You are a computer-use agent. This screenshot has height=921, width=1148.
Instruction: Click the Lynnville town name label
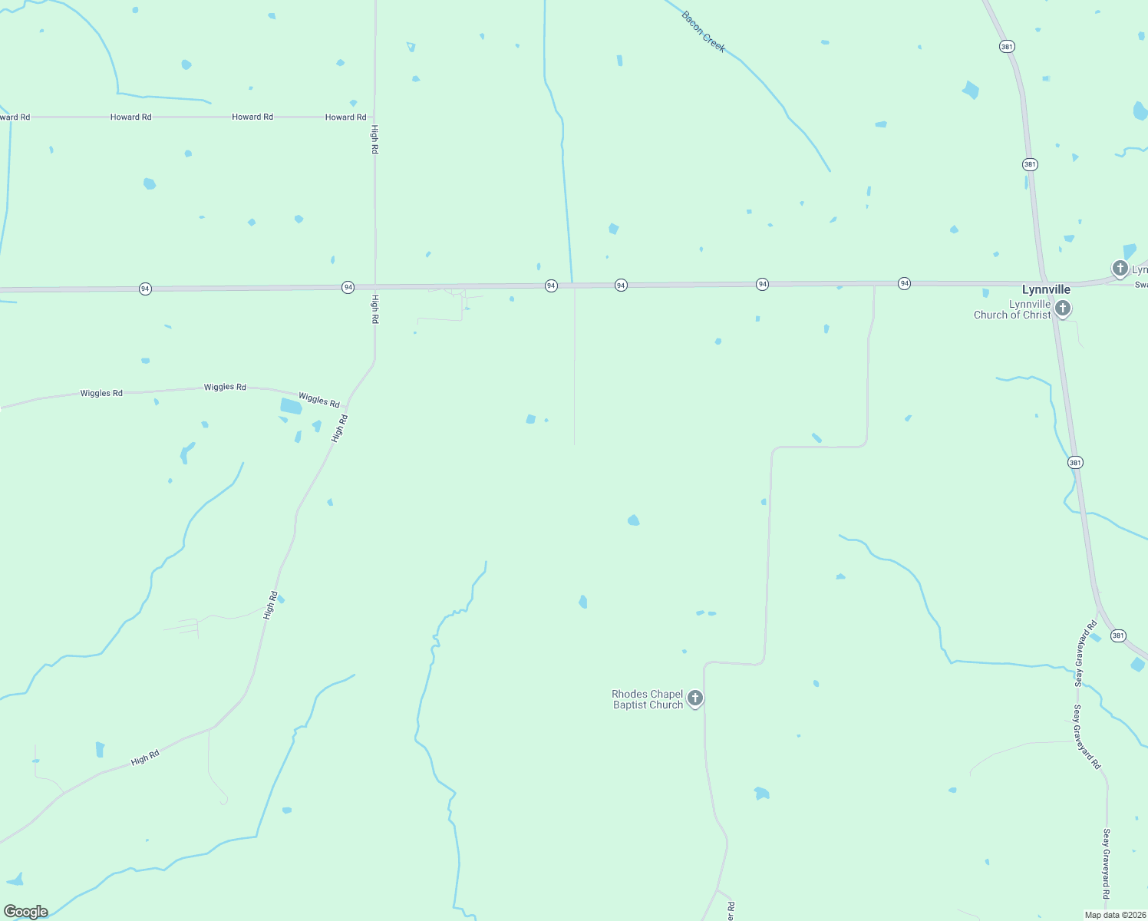tap(1045, 289)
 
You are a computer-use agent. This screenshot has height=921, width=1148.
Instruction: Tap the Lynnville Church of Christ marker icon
tap(1063, 309)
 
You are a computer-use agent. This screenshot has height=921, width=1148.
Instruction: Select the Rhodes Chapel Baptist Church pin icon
tap(694, 698)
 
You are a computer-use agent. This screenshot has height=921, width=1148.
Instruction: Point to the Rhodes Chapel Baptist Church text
tap(648, 699)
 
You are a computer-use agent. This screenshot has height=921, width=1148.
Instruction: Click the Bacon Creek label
tap(703, 31)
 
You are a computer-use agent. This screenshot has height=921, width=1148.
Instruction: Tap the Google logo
tap(26, 912)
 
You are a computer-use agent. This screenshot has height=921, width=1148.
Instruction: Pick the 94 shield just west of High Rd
tap(348, 287)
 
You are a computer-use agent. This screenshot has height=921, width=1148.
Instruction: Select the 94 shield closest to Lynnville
tap(904, 283)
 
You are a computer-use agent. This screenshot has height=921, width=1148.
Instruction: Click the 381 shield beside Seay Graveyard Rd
tap(1118, 635)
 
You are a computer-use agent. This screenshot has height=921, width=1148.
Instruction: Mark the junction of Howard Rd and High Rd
tap(374, 117)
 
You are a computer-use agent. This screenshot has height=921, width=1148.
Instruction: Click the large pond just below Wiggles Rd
tap(291, 406)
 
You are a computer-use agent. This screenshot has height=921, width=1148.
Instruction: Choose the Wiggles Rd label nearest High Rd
tap(318, 400)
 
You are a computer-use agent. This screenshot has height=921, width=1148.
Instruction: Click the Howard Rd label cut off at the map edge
tap(15, 117)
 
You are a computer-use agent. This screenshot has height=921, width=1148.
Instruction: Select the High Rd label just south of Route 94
tap(375, 309)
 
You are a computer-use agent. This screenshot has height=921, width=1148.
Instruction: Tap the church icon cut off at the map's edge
tap(1120, 269)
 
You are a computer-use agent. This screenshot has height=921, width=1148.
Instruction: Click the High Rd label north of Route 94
tap(374, 139)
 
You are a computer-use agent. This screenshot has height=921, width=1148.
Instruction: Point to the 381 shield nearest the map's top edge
tap(1007, 47)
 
